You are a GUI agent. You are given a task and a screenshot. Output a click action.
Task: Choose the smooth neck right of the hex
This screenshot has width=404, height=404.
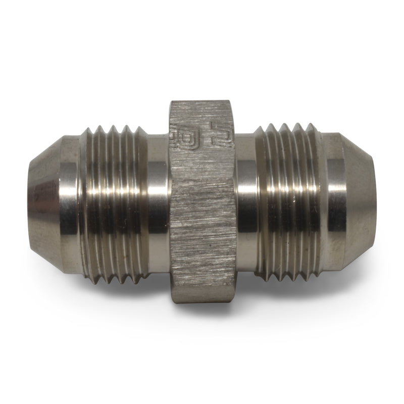tap(246, 202)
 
